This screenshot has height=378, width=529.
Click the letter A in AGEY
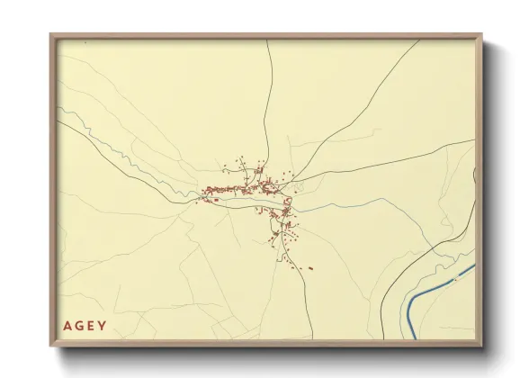[x=68, y=326]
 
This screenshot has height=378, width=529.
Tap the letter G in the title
[x=80, y=326]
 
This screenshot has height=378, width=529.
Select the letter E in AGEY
[x=91, y=326]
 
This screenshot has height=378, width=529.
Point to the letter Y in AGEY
[x=102, y=326]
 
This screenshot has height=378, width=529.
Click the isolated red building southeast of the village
[x=310, y=268]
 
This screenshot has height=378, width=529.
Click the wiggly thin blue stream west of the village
[x=135, y=166]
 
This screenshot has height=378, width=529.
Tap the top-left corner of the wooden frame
[x=52, y=36]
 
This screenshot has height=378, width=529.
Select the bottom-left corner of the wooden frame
[x=52, y=345]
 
